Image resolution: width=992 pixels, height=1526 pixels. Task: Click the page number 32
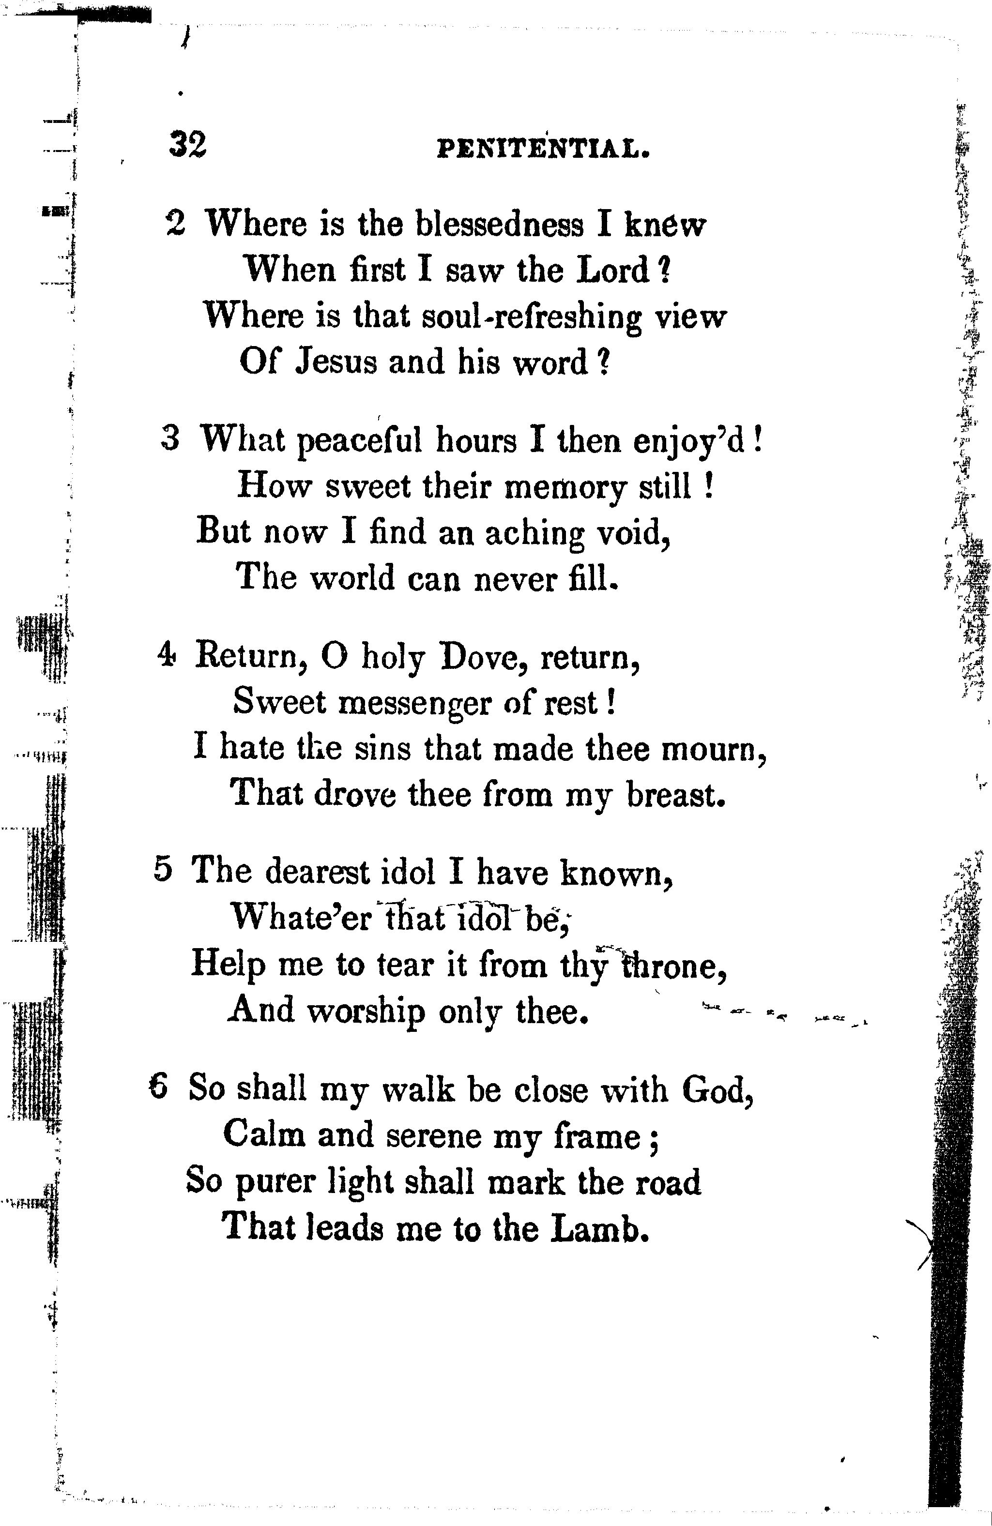[x=187, y=145]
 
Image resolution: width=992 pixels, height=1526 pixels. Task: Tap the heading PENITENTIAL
[x=544, y=150]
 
